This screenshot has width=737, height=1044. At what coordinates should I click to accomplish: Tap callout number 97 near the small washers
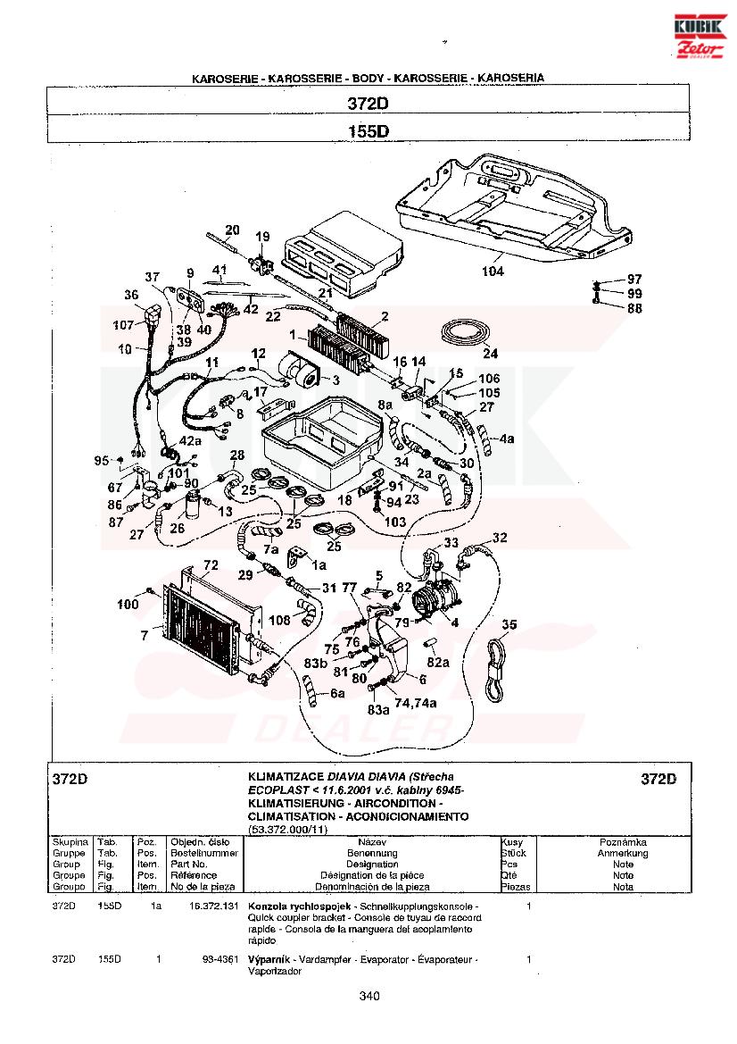point(633,280)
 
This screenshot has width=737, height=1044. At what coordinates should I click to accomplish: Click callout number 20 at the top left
point(232,230)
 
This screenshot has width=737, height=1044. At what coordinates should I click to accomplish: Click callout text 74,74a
point(417,703)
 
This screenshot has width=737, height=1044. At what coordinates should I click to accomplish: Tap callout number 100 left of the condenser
point(128,605)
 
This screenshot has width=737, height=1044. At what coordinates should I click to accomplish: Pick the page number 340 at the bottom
point(370,997)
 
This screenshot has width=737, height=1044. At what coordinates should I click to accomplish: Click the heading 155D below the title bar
point(368,131)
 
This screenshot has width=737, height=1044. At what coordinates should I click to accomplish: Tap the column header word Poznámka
point(623,841)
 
